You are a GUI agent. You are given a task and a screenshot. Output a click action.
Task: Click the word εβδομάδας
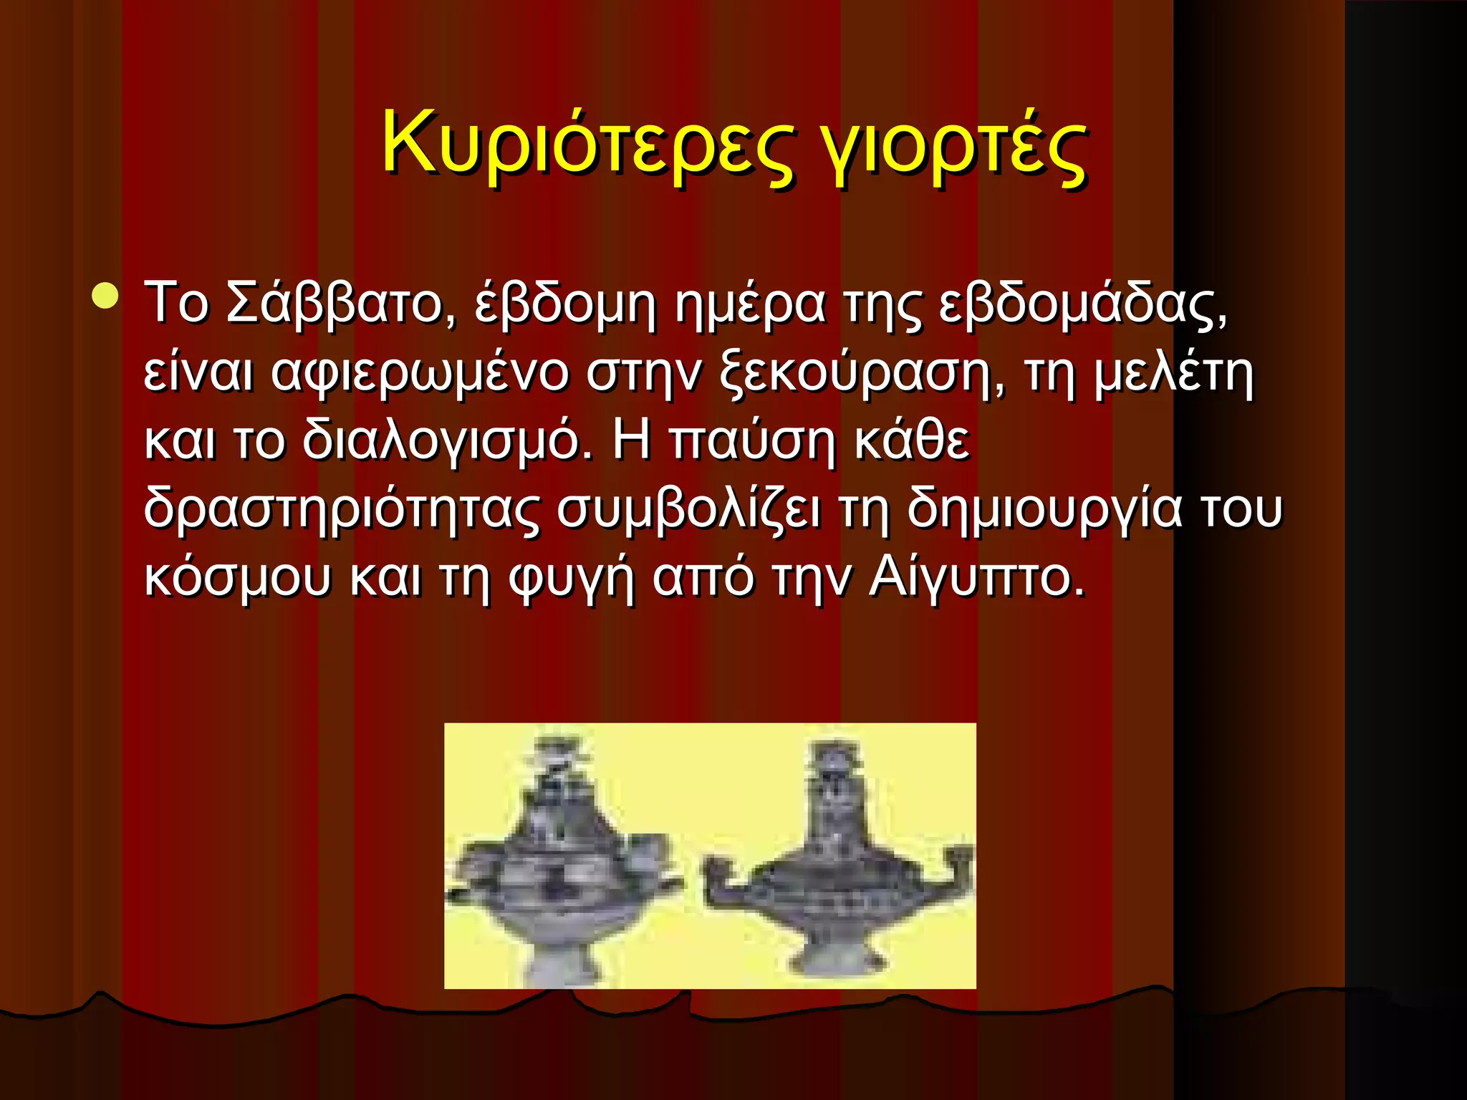(x=1082, y=304)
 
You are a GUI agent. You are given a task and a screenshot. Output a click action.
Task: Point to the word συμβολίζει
(x=689, y=508)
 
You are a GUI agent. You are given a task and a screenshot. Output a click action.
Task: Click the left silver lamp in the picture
(x=562, y=859)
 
